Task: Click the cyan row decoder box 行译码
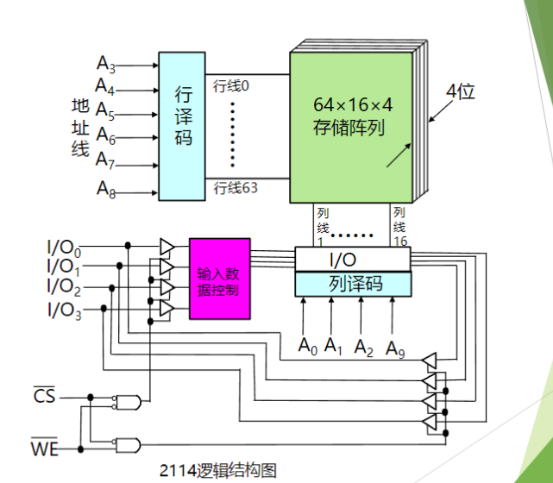tap(182, 126)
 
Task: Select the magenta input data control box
tap(220, 279)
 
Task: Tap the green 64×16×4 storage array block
tap(351, 128)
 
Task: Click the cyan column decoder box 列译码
tap(353, 284)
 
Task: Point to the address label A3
tap(106, 64)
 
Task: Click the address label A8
tap(106, 190)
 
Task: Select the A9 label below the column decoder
tap(395, 349)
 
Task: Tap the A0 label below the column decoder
tap(307, 346)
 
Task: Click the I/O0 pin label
tap(64, 248)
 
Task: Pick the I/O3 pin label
tap(64, 310)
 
